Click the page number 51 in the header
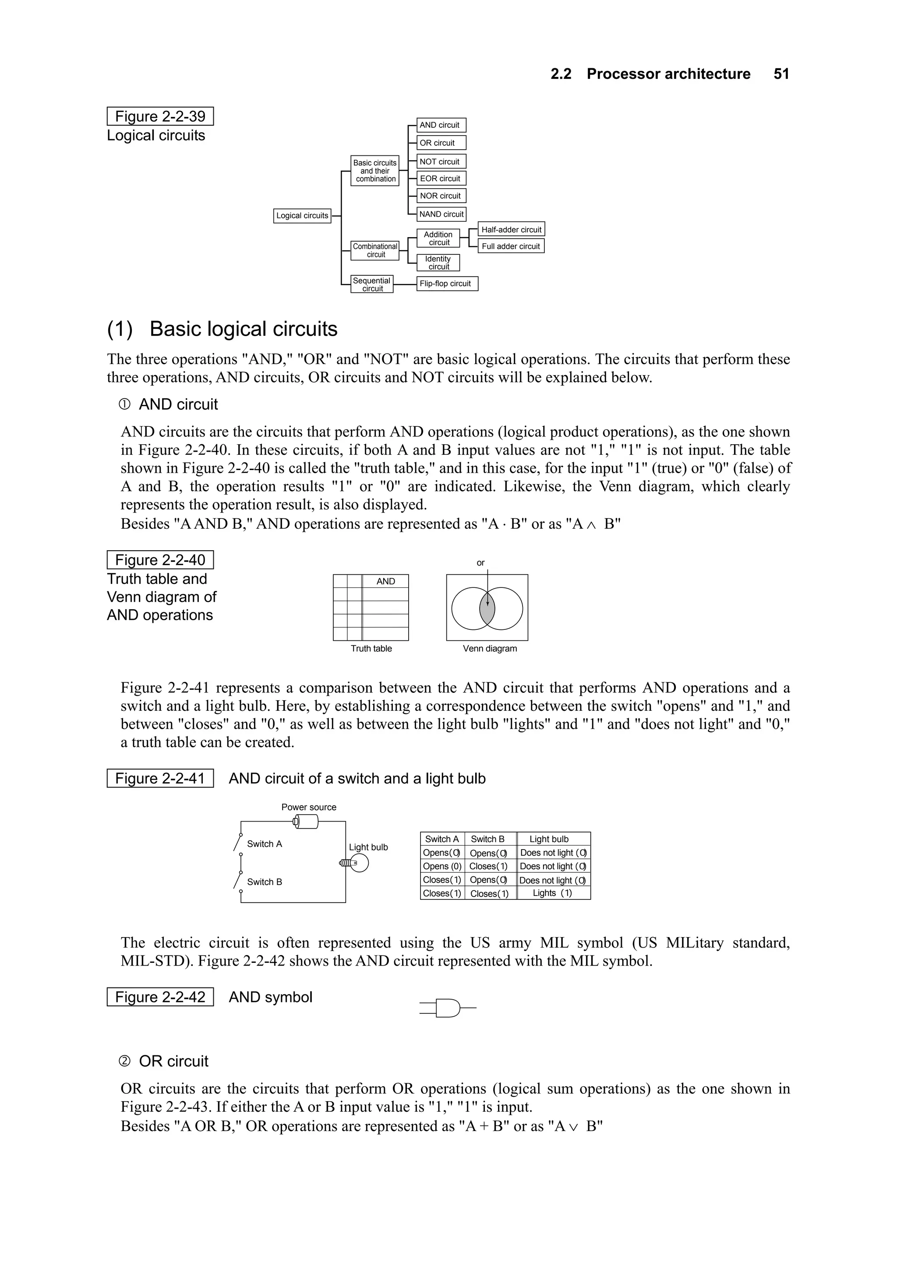[x=781, y=74]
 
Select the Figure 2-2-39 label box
[x=160, y=116]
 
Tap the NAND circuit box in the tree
[x=441, y=214]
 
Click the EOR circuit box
[x=441, y=179]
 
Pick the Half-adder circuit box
[x=511, y=229]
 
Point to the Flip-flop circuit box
[x=447, y=284]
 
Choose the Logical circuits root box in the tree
[x=302, y=215]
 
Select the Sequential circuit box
[x=372, y=285]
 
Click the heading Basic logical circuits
[x=243, y=329]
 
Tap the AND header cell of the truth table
[x=385, y=581]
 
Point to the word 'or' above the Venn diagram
[x=480, y=563]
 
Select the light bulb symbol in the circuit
[x=357, y=863]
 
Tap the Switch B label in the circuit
[x=264, y=882]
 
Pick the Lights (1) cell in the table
[x=553, y=893]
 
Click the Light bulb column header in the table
[x=549, y=839]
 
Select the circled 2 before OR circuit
[x=125, y=1061]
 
